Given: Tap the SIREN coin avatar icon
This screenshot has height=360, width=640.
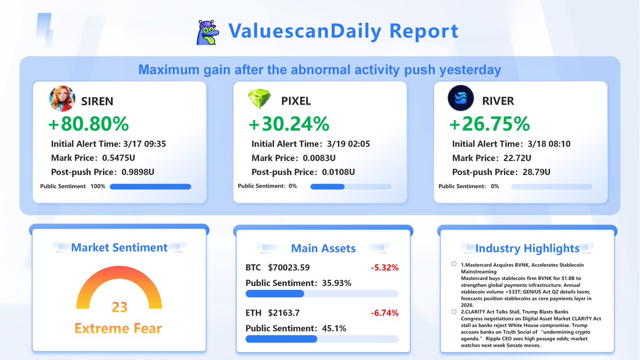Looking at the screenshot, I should click(x=62, y=100).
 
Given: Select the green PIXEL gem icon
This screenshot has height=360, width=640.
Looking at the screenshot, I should click(x=260, y=100).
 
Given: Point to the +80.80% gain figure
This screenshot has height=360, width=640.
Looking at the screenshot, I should click(x=89, y=124).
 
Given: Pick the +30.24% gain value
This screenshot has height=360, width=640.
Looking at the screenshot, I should click(x=289, y=124).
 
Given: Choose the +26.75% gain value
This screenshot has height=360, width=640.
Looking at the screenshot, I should click(x=490, y=124).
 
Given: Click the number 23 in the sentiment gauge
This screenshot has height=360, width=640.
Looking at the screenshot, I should click(x=119, y=307).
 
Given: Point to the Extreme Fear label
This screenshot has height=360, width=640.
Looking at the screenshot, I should click(x=118, y=328).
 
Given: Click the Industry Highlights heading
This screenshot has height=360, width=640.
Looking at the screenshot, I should click(x=527, y=248).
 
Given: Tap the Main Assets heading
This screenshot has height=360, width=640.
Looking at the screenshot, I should click(x=323, y=248).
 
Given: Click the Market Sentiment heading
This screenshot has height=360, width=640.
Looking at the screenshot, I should click(x=119, y=247).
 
